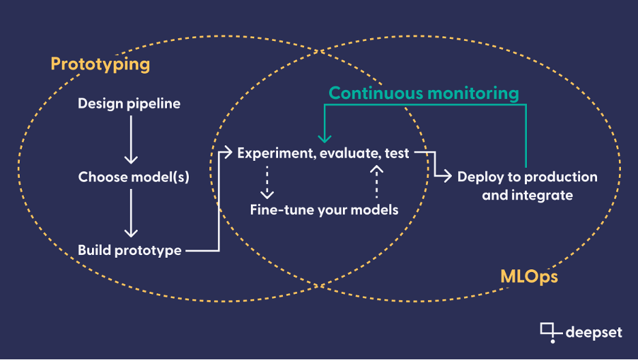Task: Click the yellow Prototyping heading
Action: (100, 64)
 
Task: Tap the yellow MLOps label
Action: (529, 277)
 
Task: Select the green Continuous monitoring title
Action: (423, 93)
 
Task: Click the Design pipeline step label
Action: (129, 104)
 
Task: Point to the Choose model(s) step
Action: (134, 177)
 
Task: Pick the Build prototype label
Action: (130, 250)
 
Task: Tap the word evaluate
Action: (350, 153)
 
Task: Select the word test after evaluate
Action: (397, 153)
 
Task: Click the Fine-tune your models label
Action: (324, 210)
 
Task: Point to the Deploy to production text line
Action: (528, 177)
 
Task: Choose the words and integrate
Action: (528, 195)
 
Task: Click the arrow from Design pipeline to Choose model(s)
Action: (131, 140)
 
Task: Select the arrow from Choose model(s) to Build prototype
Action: (131, 213)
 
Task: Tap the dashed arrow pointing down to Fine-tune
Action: (267, 182)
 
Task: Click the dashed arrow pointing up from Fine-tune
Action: (377, 182)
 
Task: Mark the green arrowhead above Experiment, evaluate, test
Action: (324, 138)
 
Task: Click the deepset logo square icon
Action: (547, 329)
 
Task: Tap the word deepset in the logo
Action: (594, 332)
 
